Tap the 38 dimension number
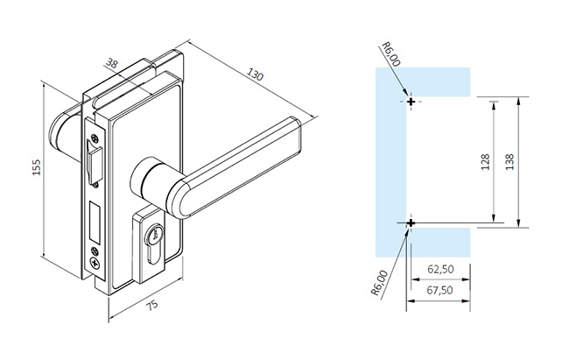[x=111, y=64]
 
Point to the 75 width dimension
[x=151, y=306]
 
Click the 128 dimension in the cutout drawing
[x=486, y=163]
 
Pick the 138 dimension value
[x=510, y=163]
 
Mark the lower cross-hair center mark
[x=410, y=224]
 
